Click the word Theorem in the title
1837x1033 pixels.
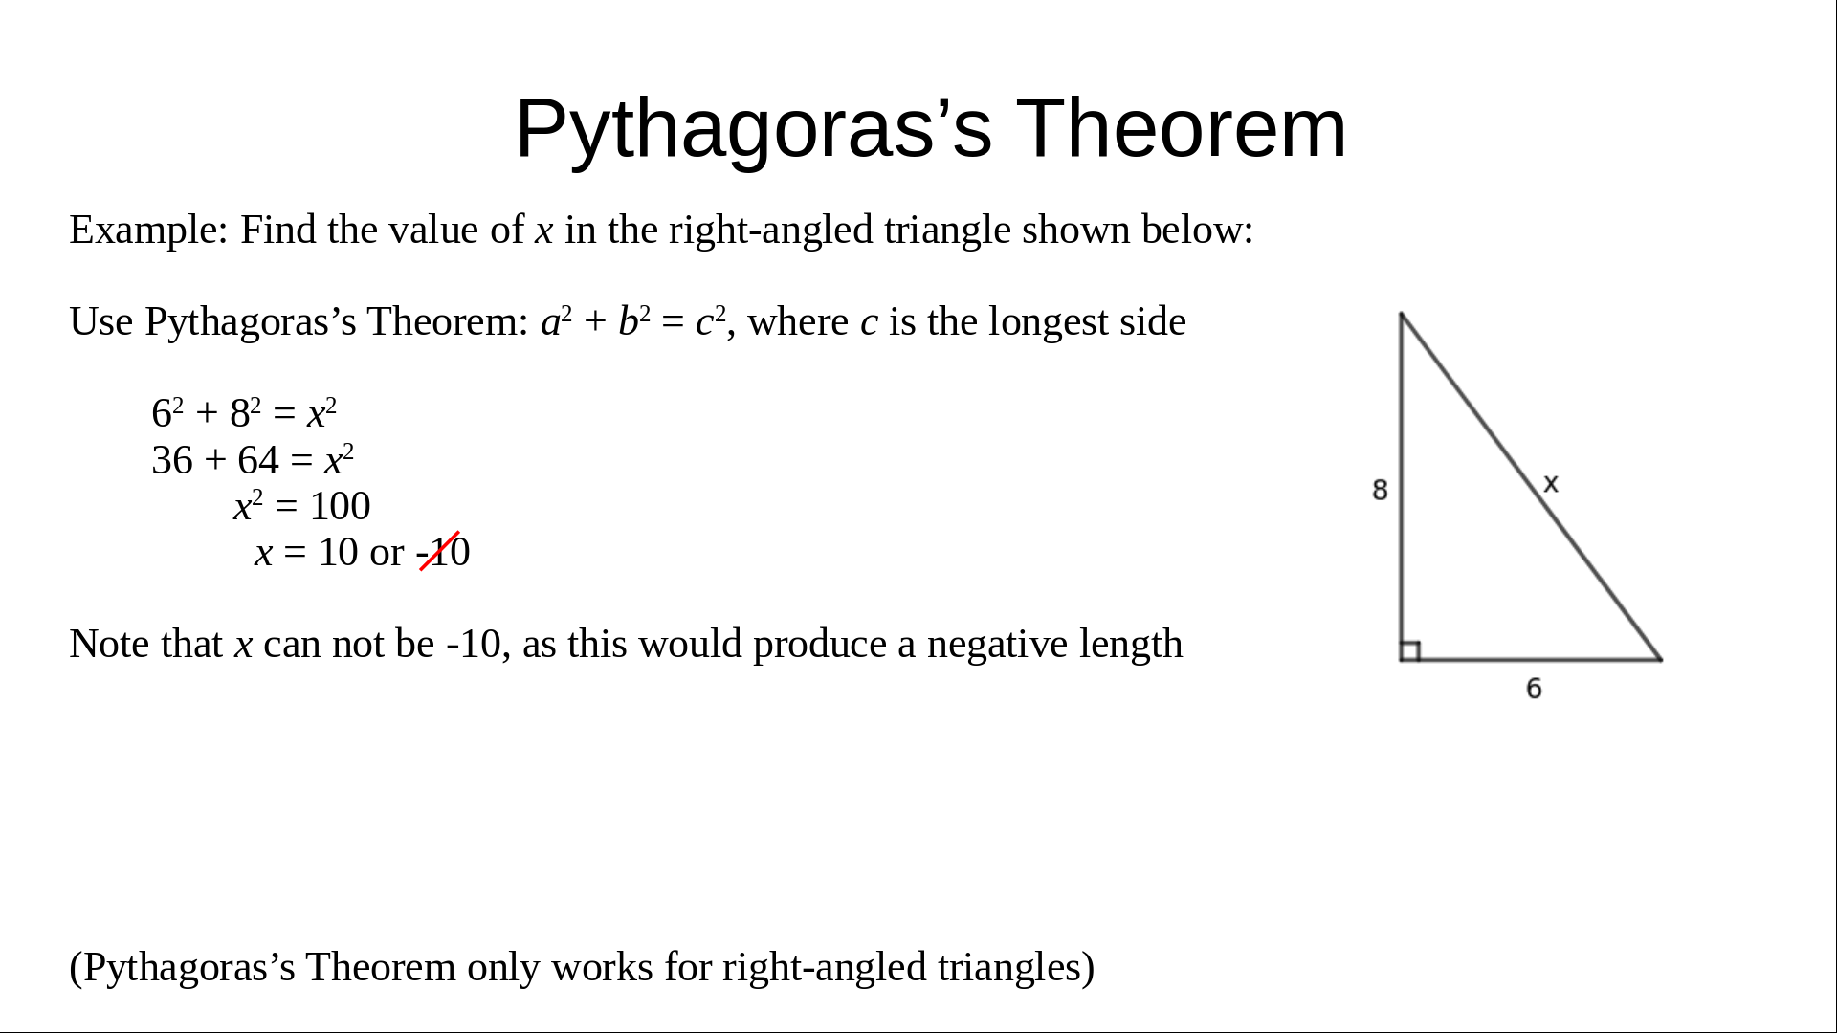coord(1181,128)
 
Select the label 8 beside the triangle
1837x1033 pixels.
coord(1380,490)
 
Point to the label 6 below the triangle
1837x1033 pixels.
coord(1534,689)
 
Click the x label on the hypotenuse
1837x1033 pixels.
coord(1551,484)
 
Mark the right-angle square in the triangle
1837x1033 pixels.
coord(1410,650)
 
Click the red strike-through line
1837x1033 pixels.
coord(440,551)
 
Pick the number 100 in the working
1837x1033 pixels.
coord(340,506)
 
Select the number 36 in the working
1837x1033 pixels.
coord(172,460)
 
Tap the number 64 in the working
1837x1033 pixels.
coord(258,460)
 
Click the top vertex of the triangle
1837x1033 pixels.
coord(1402,314)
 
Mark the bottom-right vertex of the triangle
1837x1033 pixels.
coord(1661,659)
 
